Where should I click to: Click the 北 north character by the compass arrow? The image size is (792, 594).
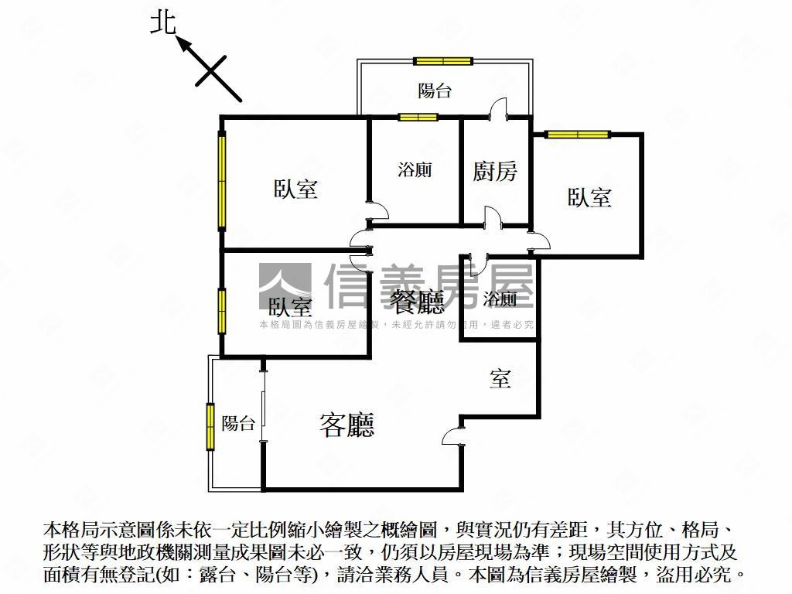pos(162,23)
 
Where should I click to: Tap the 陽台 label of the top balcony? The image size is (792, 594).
pos(435,91)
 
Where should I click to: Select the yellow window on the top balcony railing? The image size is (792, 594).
pos(442,61)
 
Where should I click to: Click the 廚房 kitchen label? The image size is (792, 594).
pos(495,171)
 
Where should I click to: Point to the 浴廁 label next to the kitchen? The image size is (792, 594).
pos(415,170)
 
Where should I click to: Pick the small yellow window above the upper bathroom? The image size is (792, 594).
pos(418,118)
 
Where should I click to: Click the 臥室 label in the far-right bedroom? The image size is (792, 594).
pos(589,197)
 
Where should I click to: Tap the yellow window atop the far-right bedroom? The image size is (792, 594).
pos(578,134)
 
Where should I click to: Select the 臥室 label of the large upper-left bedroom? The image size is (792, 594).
pos(295,189)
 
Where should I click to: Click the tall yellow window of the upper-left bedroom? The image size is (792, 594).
pos(222,181)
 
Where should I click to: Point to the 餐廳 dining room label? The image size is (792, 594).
pos(417,302)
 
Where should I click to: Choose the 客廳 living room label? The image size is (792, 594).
pos(346,425)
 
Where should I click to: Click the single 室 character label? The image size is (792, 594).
pos(500,379)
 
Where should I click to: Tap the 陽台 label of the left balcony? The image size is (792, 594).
pos(238,424)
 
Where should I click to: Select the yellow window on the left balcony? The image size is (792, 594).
pos(210,426)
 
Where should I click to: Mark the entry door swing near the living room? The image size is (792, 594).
pos(452,439)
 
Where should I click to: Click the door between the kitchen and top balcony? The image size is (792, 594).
pos(497,109)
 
